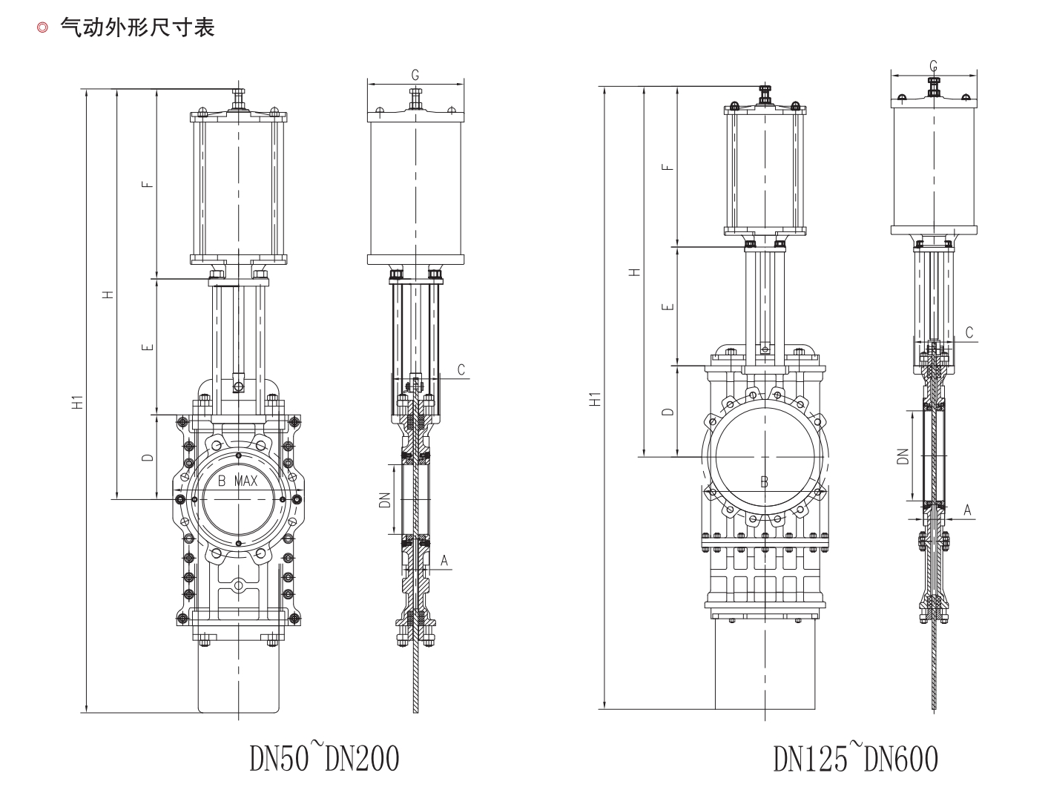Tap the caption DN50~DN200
tap(324, 757)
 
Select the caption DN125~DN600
tap(855, 757)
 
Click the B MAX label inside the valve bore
tap(237, 481)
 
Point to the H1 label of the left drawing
tap(76, 404)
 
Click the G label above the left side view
tap(415, 74)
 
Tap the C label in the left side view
tap(461, 369)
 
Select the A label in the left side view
tap(444, 560)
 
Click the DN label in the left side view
tap(384, 498)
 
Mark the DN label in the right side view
tap(902, 455)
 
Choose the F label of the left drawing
tap(148, 183)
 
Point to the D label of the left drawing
tap(148, 457)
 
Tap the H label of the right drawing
tap(634, 271)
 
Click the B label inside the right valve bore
tap(764, 482)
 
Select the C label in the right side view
tap(969, 332)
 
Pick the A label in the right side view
tap(966, 510)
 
